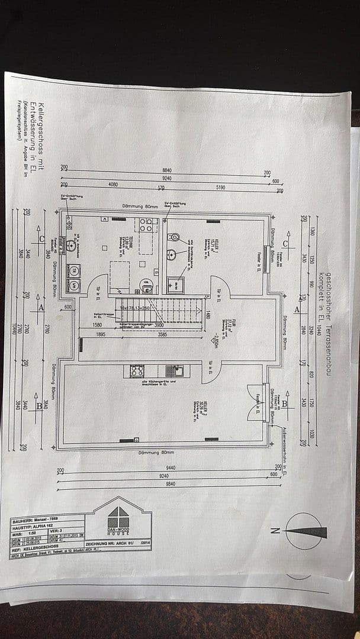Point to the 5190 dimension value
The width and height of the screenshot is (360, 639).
click(x=220, y=188)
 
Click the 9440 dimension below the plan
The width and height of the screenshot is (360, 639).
click(x=171, y=467)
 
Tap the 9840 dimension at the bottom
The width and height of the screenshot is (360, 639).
click(x=171, y=484)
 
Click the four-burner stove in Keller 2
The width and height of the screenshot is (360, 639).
click(x=137, y=371)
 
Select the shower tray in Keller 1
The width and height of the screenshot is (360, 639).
click(x=176, y=285)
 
